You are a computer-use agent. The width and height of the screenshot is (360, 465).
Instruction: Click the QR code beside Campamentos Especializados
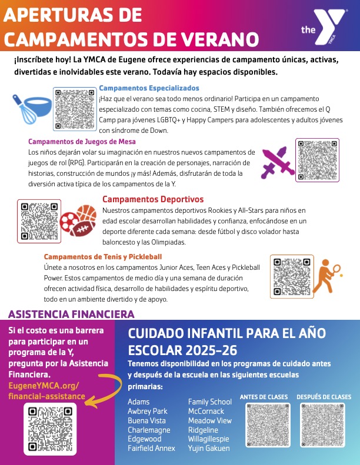coord(74,108)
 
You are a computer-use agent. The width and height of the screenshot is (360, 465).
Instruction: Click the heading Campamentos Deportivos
coord(153,199)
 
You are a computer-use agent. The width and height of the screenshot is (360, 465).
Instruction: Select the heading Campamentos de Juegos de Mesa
coord(82,142)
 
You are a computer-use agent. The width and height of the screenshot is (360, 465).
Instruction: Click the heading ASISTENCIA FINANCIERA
coord(71,314)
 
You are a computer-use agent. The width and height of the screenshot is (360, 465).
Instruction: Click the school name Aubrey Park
coord(148,411)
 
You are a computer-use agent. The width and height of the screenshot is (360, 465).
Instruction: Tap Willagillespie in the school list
coord(209,439)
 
